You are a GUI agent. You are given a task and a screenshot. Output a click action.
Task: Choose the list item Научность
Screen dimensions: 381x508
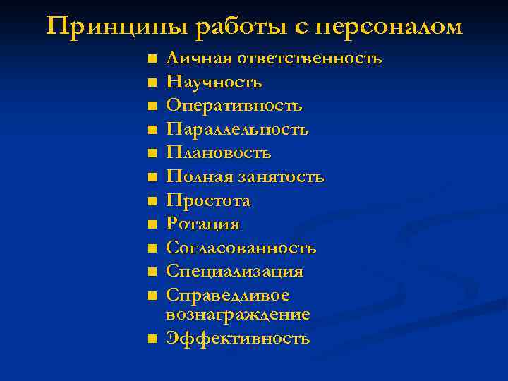(x=214, y=83)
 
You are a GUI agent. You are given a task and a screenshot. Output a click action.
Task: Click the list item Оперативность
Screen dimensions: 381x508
(x=234, y=106)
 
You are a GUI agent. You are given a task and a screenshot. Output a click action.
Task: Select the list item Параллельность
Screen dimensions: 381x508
(x=237, y=130)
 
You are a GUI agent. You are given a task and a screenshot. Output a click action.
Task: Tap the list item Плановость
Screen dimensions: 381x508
(x=219, y=153)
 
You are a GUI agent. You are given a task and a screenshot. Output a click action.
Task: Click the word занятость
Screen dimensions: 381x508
(x=280, y=177)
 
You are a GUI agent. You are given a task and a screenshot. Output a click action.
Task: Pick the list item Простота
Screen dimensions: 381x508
(x=208, y=201)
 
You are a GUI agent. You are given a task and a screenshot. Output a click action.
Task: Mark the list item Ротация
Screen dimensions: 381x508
(x=202, y=224)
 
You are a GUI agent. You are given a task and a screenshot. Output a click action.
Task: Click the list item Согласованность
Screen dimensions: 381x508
(x=241, y=248)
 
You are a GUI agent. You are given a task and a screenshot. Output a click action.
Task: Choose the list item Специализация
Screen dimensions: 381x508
(x=234, y=272)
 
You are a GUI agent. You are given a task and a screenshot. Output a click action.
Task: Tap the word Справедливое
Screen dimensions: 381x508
(x=228, y=295)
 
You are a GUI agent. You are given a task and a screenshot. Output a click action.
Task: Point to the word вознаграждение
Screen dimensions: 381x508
(x=238, y=314)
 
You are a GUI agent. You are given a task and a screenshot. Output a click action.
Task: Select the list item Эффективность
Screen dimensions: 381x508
(x=238, y=338)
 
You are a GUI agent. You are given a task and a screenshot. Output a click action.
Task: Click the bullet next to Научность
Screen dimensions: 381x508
(x=151, y=83)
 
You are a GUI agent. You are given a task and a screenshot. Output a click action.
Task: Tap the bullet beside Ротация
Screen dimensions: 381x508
(x=151, y=225)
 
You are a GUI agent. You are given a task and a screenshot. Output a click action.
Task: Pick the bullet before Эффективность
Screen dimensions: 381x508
(x=151, y=339)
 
